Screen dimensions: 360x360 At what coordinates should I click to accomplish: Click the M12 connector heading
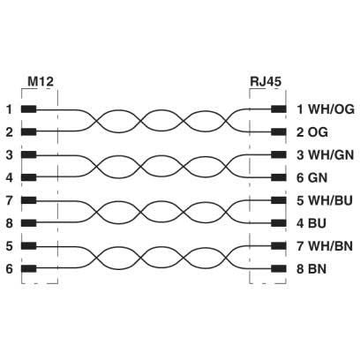[x=41, y=81]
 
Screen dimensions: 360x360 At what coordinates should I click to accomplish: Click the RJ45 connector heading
[x=266, y=81]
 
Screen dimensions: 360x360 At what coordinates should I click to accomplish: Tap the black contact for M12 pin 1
[x=29, y=109]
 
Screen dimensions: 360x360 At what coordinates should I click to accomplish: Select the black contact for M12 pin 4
[x=29, y=177]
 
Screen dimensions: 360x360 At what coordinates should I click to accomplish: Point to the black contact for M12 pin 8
[x=29, y=223]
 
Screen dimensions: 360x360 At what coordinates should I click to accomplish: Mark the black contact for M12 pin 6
[x=29, y=268]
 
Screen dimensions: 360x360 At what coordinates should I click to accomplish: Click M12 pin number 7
[x=10, y=200]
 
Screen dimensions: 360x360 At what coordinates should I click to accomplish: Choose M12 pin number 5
[x=10, y=246]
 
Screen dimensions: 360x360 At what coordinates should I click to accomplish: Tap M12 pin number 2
[x=10, y=132]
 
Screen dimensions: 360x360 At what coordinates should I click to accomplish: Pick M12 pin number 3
[x=10, y=154]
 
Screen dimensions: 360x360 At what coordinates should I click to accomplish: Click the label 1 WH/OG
[x=326, y=109]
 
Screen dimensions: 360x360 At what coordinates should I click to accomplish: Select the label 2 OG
[x=312, y=132]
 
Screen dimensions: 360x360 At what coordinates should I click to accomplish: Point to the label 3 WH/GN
[x=325, y=154]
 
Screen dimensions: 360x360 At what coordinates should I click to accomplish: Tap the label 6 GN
[x=311, y=177]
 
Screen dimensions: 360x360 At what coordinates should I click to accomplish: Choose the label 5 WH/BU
[x=325, y=200]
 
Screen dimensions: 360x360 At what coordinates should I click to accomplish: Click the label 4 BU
[x=311, y=223]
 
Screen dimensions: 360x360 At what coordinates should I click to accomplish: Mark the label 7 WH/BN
[x=325, y=246]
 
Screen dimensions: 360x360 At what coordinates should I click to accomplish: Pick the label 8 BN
[x=311, y=268]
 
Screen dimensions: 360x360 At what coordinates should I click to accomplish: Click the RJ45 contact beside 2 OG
[x=279, y=132]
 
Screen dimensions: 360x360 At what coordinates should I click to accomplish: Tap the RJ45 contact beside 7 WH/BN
[x=279, y=245]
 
